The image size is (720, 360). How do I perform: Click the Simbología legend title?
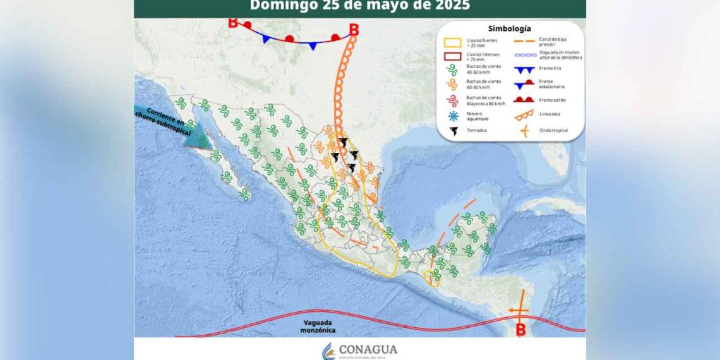pos(510,28)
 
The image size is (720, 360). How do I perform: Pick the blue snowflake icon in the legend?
pos(452,116)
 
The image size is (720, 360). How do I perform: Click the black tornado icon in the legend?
pos(452,131)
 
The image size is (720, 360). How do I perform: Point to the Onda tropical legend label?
pos(553,130)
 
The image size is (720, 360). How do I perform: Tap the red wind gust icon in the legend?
pos(452,100)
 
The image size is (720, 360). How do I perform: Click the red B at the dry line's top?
pos(354,29)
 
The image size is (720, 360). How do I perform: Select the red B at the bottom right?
pos(520,329)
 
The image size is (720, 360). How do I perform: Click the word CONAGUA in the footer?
pos(368,349)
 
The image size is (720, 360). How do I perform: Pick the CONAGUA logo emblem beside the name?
pos(328,351)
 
